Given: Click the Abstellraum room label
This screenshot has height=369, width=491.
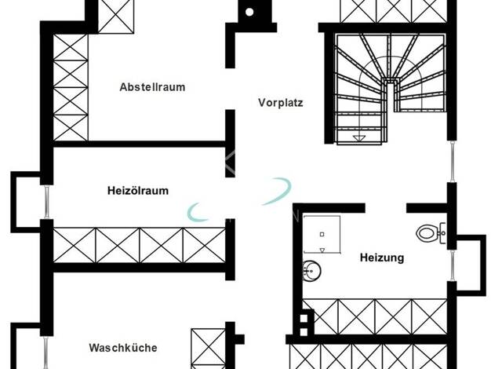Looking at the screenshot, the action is click(x=152, y=87).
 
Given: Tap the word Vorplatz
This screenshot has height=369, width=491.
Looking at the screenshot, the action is click(x=281, y=103).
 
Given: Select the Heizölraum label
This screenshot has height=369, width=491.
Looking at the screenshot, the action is click(x=138, y=190).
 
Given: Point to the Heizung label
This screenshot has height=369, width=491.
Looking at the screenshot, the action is click(x=382, y=258).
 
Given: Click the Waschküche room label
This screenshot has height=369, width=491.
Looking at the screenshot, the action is click(x=122, y=347).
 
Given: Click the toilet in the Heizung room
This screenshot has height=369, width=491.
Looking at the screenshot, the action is click(x=431, y=233).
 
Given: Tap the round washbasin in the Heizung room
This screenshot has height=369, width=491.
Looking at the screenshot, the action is click(x=311, y=270).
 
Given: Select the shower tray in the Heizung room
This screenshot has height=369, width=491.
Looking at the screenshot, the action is click(x=322, y=234).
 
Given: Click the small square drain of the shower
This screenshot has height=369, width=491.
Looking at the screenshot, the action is click(x=322, y=234).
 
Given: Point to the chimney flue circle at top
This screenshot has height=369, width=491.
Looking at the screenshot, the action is click(x=249, y=12).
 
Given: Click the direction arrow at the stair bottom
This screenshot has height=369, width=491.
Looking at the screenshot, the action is click(x=359, y=138).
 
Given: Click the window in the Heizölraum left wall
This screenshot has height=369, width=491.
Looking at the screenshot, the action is click(x=46, y=202).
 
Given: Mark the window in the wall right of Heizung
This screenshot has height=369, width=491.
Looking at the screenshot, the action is click(x=453, y=265).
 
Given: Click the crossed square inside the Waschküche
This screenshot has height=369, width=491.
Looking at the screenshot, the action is click(x=208, y=349).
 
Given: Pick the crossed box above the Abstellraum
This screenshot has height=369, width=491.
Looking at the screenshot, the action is click(x=116, y=16).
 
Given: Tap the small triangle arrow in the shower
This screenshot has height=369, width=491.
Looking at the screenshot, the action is click(x=322, y=250).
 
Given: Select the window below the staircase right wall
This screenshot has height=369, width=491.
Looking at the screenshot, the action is click(x=452, y=161).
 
